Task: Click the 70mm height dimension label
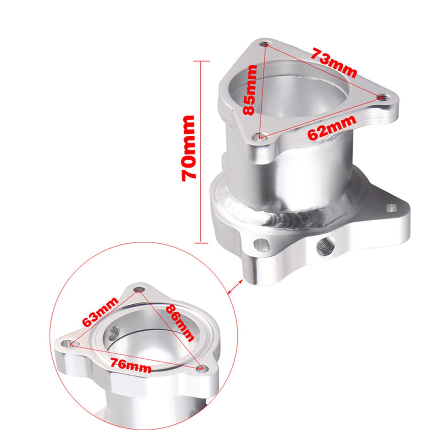(x=188, y=148)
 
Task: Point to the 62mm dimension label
(x=332, y=127)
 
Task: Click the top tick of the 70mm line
(x=201, y=61)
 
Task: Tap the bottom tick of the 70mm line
(x=201, y=242)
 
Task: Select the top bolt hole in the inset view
(x=138, y=289)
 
